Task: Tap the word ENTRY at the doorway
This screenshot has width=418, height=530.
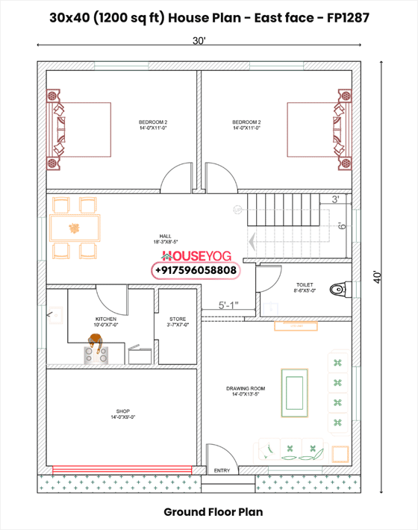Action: [x=222, y=471]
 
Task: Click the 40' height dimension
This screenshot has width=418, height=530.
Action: [x=381, y=277]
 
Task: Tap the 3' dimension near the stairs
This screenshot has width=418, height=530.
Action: [x=337, y=199]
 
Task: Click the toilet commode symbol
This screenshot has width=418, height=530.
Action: [x=337, y=289]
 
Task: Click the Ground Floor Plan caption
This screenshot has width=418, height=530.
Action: [x=208, y=513]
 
